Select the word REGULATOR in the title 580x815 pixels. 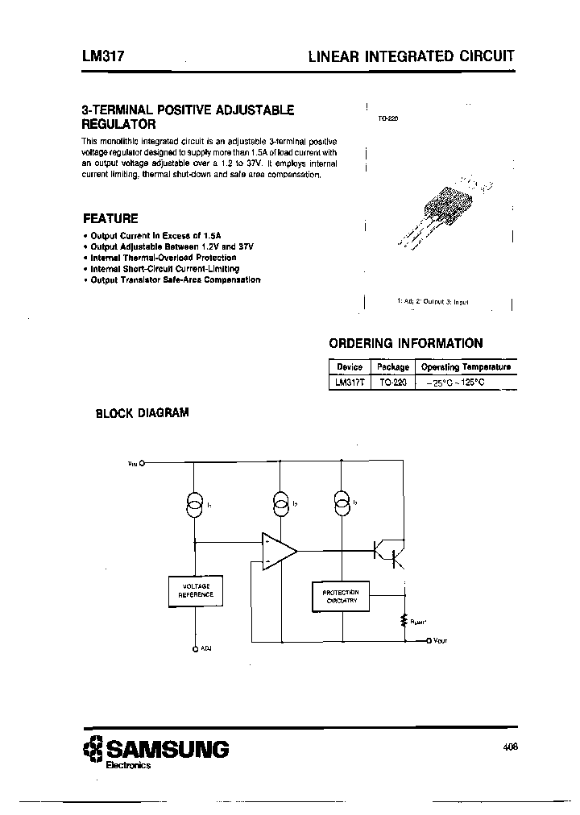(119, 125)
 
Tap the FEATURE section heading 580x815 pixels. (110, 218)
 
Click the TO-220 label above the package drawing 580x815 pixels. (388, 118)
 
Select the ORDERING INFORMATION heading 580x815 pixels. (407, 343)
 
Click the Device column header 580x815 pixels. (350, 367)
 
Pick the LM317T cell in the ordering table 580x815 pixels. (350, 383)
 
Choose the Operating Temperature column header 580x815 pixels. (466, 367)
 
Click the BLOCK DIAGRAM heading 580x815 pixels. (142, 413)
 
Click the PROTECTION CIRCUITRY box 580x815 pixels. (340, 596)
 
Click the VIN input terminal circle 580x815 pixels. (143, 463)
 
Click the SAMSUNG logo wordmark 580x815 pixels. (168, 749)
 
